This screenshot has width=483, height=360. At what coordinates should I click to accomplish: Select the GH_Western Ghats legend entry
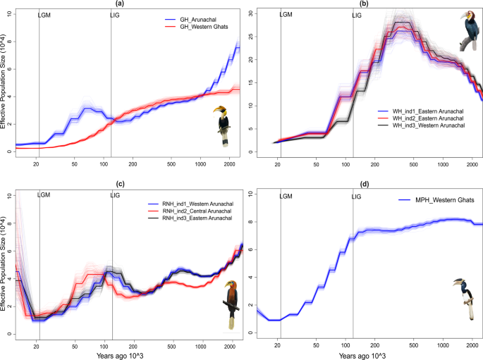click(x=197, y=27)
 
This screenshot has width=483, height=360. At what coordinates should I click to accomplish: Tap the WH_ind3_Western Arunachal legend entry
click(x=421, y=125)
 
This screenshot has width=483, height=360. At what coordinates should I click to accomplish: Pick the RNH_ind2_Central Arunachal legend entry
click(x=190, y=211)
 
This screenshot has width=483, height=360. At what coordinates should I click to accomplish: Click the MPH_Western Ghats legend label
click(x=436, y=200)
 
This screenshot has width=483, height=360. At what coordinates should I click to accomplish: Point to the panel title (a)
click(x=120, y=4)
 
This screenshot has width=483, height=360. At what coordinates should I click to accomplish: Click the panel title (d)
click(x=364, y=185)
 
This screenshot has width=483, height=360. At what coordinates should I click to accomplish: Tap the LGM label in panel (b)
click(x=286, y=15)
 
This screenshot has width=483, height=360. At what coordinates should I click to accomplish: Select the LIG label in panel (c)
click(x=115, y=195)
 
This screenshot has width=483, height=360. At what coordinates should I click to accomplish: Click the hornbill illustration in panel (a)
click(x=223, y=126)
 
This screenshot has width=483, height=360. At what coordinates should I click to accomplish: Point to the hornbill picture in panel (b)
click(x=470, y=31)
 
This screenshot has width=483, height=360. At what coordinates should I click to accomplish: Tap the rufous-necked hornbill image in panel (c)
click(x=231, y=304)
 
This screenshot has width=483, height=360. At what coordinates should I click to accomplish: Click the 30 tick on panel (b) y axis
click(x=251, y=13)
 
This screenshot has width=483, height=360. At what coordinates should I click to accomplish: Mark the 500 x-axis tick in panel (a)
click(x=171, y=164)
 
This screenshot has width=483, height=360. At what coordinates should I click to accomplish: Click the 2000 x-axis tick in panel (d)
click(x=472, y=345)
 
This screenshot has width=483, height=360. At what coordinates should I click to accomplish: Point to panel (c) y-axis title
click(x=3, y=263)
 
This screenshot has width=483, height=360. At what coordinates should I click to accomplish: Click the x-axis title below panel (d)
click(x=362, y=356)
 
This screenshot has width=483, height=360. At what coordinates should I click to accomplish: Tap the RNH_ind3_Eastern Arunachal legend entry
click(x=190, y=218)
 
